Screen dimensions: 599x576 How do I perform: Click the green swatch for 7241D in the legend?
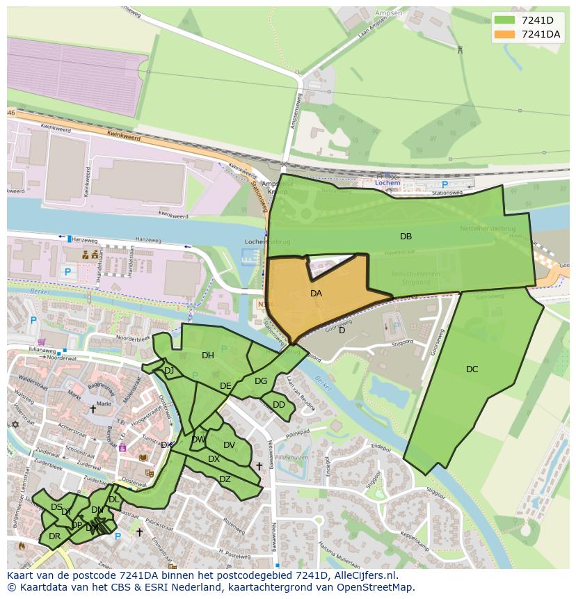pyautogui.click(x=506, y=20)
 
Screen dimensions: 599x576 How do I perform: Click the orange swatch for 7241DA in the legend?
pyautogui.click(x=506, y=34)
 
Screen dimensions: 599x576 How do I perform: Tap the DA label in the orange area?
pyautogui.click(x=316, y=294)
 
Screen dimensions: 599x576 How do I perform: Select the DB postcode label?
pyautogui.click(x=406, y=237)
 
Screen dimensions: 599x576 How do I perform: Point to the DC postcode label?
pyautogui.click(x=472, y=369)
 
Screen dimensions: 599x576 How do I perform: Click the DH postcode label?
pyautogui.click(x=208, y=356)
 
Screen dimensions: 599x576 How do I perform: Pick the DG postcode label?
pyautogui.click(x=261, y=381)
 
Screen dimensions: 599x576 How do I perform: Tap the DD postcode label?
pyautogui.click(x=279, y=405)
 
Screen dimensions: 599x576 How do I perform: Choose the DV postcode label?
pyautogui.click(x=230, y=446)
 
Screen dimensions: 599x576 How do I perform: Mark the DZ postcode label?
pyautogui.click(x=225, y=479)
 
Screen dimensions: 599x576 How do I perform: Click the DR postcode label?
pyautogui.click(x=54, y=536)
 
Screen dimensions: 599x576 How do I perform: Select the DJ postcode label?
pyautogui.click(x=169, y=371)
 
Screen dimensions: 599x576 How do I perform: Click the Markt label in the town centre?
pyautogui.click(x=104, y=404)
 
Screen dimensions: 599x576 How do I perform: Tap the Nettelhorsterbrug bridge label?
pyautogui.click(x=488, y=228)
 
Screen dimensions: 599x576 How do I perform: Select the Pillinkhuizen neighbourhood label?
pyautogui.click(x=292, y=458)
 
